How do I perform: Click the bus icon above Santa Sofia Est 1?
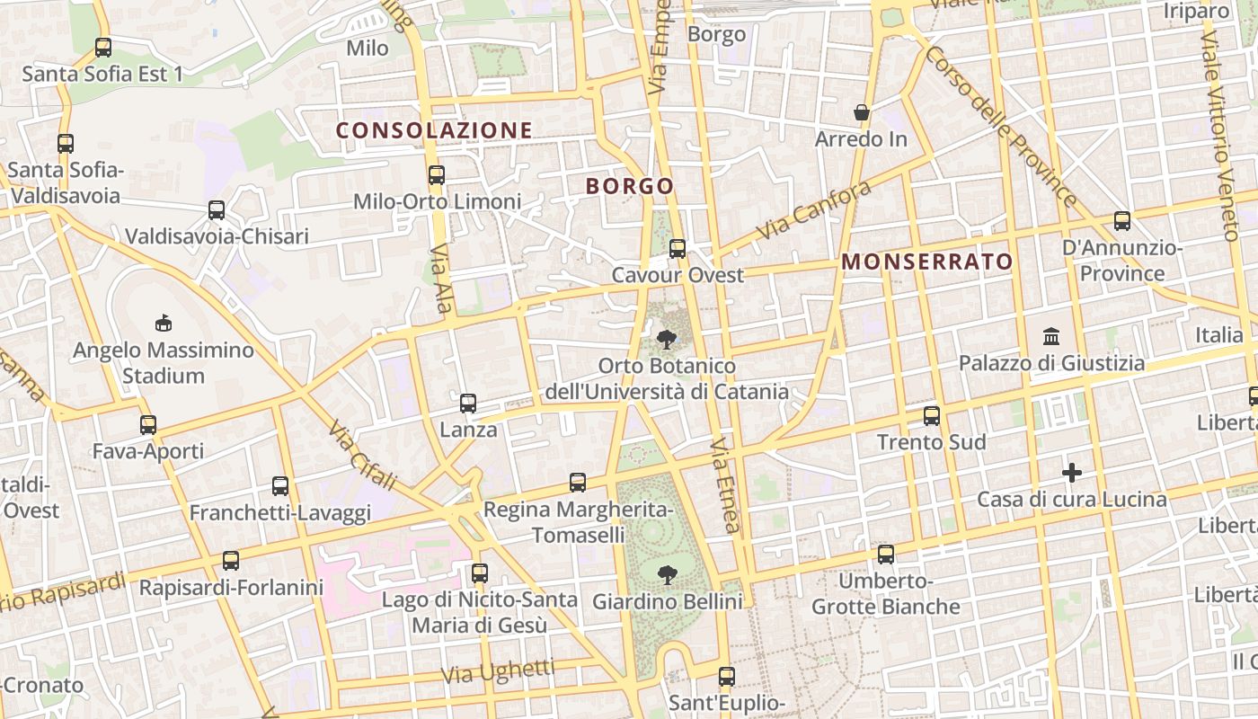tap(103, 48)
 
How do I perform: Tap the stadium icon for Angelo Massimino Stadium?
tap(163, 323)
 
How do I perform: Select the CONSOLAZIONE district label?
tap(434, 130)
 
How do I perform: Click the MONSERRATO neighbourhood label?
tap(927, 262)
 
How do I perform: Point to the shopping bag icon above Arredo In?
tap(861, 113)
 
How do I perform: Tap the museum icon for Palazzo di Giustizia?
tap(1051, 337)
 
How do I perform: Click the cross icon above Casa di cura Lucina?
tap(1072, 473)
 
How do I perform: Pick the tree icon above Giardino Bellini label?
tap(667, 574)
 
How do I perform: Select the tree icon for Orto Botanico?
tap(667, 340)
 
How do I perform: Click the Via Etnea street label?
tap(725, 485)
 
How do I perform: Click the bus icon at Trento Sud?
tap(932, 416)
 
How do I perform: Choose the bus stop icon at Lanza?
tap(468, 404)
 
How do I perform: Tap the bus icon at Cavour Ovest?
tap(678, 249)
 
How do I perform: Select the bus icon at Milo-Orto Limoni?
tap(437, 175)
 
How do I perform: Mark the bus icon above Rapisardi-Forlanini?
tap(231, 561)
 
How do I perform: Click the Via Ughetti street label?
tap(498, 670)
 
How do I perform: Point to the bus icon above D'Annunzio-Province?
tap(1121, 221)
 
